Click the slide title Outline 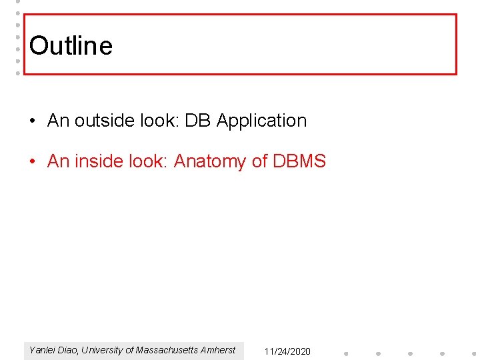tap(71, 45)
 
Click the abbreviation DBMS tap(299, 161)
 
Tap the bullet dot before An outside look tap(33, 121)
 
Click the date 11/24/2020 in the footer tap(287, 351)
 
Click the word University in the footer tap(104, 350)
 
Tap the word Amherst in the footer tap(219, 350)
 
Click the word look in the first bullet tap(159, 121)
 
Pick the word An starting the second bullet tap(58, 161)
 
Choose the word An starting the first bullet tap(58, 121)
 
